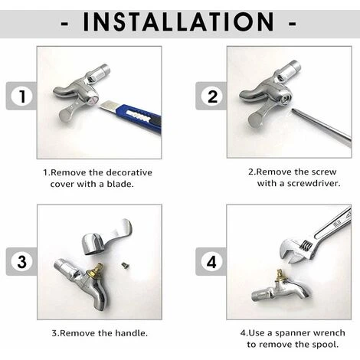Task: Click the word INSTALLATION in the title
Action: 178,21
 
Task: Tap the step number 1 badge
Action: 22,97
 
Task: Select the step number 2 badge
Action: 212,97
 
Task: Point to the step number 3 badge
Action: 22,261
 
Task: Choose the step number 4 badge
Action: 211,261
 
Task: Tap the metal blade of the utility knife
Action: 107,106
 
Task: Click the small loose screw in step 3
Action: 125,266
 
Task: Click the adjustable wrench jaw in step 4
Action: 296,251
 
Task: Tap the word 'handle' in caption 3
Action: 131,333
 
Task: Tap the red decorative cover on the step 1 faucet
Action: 93,100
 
